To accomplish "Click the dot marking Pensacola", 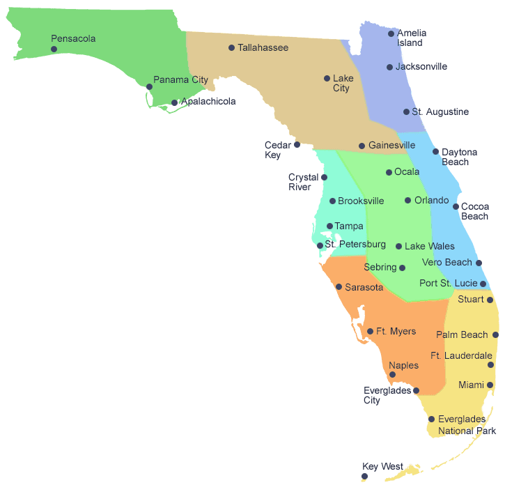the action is click(x=54, y=49).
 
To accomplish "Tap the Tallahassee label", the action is click(x=263, y=48).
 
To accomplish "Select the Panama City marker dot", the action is click(x=149, y=87).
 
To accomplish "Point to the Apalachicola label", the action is click(x=208, y=102).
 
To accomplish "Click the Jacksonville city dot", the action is click(x=390, y=68).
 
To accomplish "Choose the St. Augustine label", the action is click(x=440, y=112).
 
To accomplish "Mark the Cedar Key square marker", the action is click(x=297, y=145).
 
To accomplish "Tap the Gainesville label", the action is click(x=391, y=146).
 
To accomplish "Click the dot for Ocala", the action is click(x=389, y=172).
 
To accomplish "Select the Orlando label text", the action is click(x=431, y=201).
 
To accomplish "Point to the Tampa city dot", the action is click(x=330, y=226).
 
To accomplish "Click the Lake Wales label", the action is click(x=429, y=247).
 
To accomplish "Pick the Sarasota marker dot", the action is click(x=339, y=287).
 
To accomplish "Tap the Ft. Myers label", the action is click(x=396, y=332).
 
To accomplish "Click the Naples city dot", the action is click(x=392, y=375).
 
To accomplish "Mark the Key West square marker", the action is click(x=364, y=477).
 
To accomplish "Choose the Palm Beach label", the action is click(x=462, y=335).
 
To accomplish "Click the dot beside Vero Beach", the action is click(x=479, y=263).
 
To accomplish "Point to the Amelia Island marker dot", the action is click(x=391, y=33).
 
